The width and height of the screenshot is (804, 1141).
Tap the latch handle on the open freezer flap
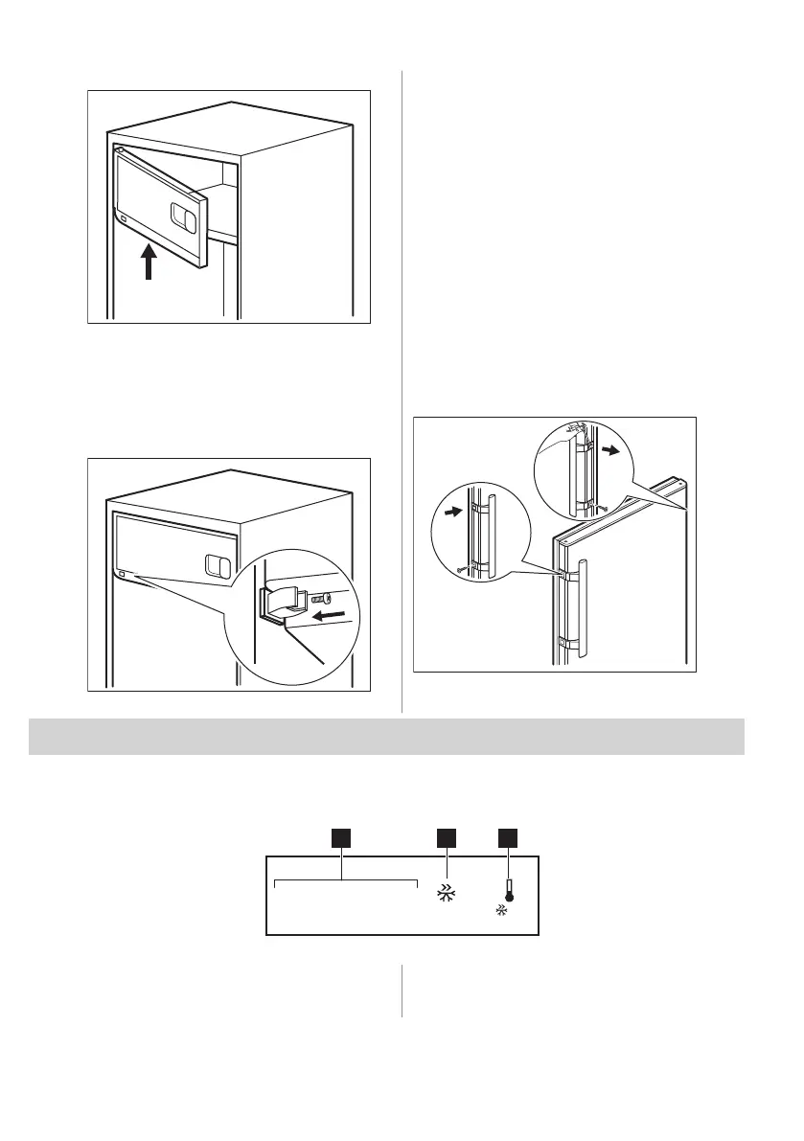tap(183, 218)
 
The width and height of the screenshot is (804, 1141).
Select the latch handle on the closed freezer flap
tap(218, 566)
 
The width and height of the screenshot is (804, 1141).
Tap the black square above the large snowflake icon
tap(446, 838)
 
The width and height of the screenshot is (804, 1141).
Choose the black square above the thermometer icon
tap(508, 838)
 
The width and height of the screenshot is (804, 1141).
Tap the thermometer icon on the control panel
tap(508, 891)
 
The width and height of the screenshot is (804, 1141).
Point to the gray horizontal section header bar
tap(386, 736)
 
